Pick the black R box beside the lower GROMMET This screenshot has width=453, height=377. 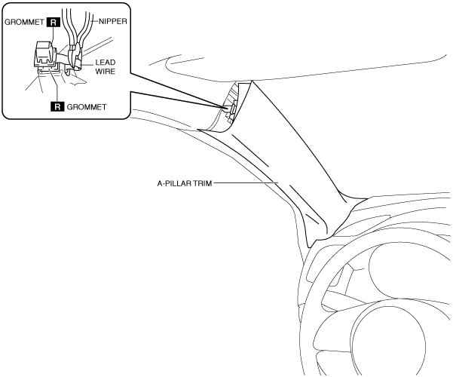point(55,106)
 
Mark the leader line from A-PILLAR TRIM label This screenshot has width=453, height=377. point(245,182)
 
